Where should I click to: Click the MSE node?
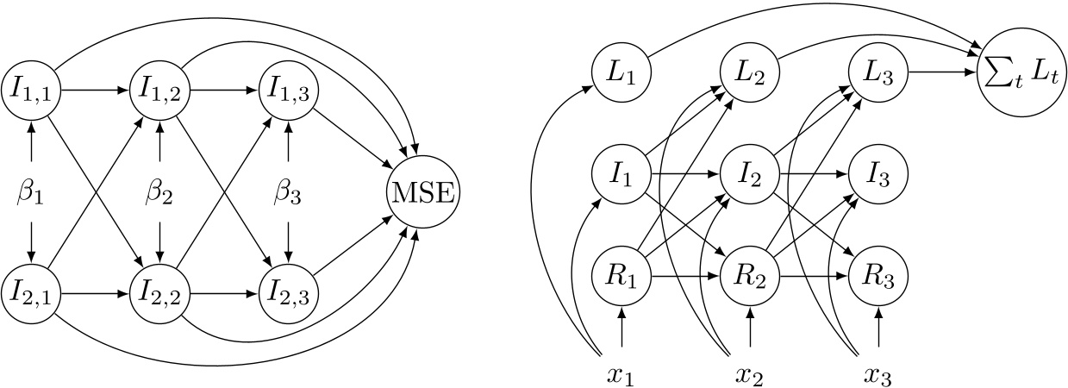[423, 191]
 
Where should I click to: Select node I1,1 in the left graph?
[32, 88]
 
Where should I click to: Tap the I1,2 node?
[159, 88]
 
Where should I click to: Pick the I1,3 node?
[287, 88]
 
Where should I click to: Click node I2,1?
[32, 293]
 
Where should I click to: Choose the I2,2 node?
[159, 293]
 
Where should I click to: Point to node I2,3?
[287, 293]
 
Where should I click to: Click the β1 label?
[32, 191]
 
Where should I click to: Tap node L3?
[878, 72]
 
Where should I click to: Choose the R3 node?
[878, 278]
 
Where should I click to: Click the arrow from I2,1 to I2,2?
[95, 293]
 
